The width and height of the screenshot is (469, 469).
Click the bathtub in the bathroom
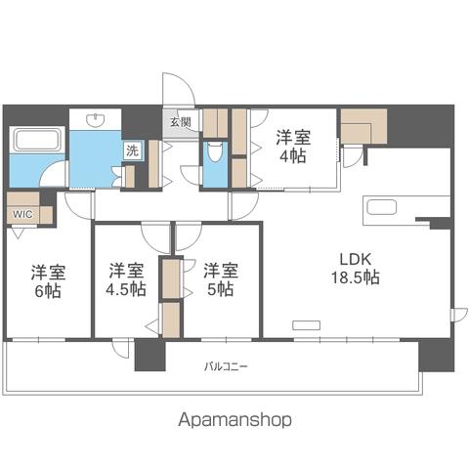[x=36, y=140]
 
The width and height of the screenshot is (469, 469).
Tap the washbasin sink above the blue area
[x=96, y=119]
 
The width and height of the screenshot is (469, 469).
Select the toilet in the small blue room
[x=214, y=151]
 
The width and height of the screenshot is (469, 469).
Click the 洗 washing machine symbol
[x=133, y=150]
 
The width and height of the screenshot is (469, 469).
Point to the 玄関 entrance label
[x=181, y=122]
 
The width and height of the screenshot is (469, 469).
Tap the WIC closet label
[x=22, y=215]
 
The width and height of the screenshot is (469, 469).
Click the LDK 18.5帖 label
[x=356, y=269]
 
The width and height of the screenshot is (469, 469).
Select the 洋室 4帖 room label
[x=293, y=147]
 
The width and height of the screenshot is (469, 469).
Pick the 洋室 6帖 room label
[x=48, y=281]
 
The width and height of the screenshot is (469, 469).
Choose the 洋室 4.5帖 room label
[x=126, y=280]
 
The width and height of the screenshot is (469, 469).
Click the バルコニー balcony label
[x=226, y=367]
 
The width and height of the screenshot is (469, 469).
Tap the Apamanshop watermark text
[x=234, y=420]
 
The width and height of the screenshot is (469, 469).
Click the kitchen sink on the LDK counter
[x=381, y=207]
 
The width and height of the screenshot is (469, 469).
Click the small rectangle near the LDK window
[x=306, y=325]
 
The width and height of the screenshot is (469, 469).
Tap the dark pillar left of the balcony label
[x=150, y=355]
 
